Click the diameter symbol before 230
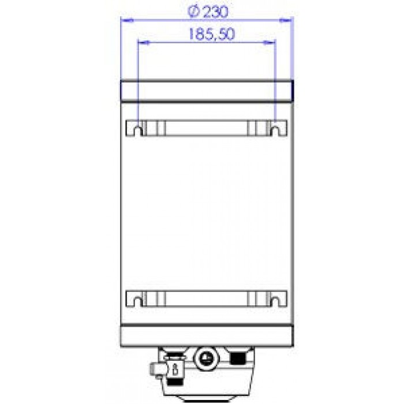pyautogui.click(x=194, y=12)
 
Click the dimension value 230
pyautogui.click(x=216, y=12)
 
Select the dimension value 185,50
pyautogui.click(x=212, y=34)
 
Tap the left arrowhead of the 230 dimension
pyautogui.click(x=127, y=20)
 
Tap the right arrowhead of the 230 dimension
pyautogui.click(x=286, y=20)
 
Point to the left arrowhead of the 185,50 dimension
pyautogui.click(x=144, y=42)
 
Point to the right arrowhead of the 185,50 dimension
pyautogui.click(x=270, y=42)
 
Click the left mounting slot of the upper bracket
pyautogui.click(x=138, y=131)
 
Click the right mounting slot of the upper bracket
pyautogui.click(x=275, y=131)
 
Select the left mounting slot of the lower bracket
pyautogui.click(x=138, y=301)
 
